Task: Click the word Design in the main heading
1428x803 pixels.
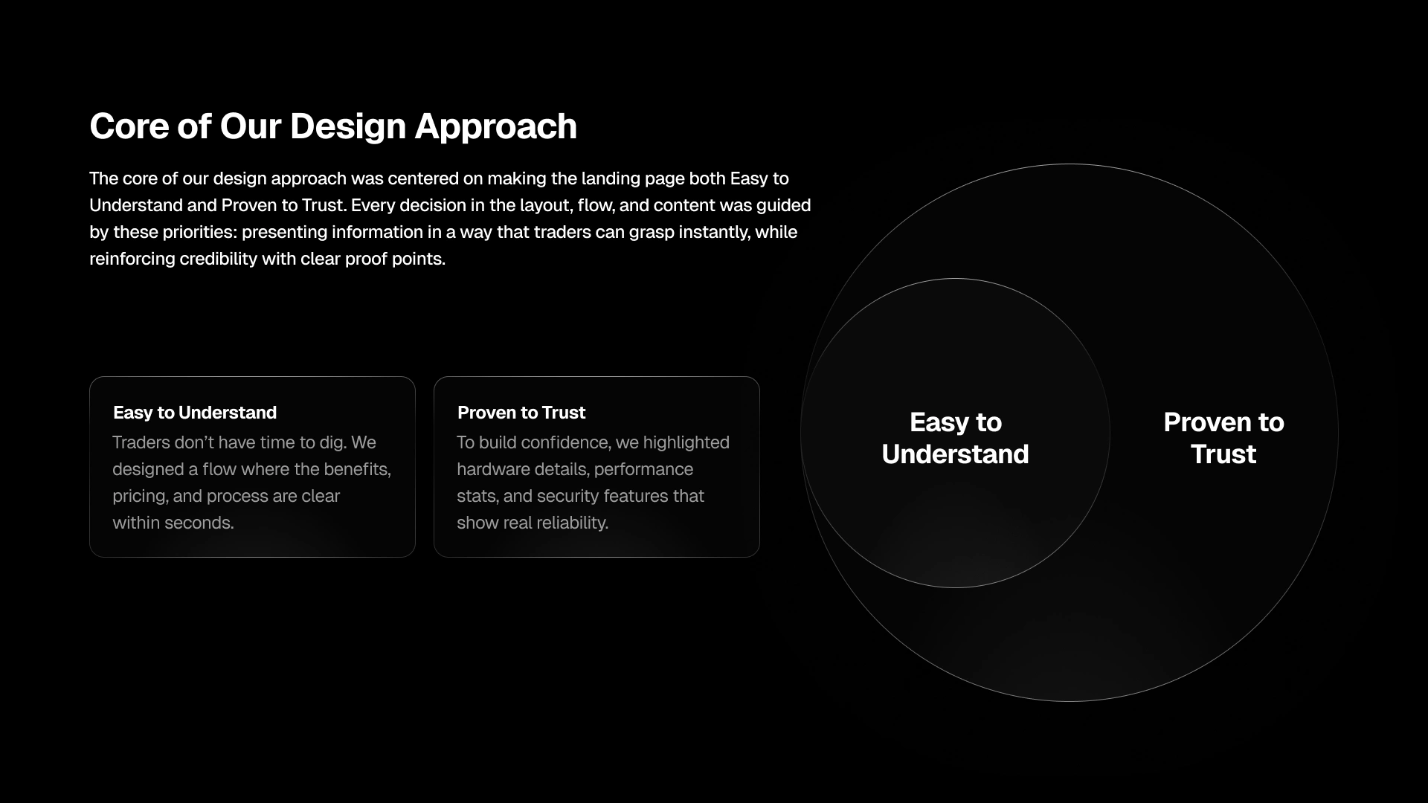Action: coord(347,127)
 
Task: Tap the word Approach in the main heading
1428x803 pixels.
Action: coord(496,127)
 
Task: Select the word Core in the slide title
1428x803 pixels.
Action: coord(129,126)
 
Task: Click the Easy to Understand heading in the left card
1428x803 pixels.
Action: coord(195,413)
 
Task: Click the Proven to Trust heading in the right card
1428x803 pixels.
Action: coord(521,413)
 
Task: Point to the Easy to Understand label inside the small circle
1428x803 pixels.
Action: coord(956,438)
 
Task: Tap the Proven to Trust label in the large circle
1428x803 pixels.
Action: coord(1223,438)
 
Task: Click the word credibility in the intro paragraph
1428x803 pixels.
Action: coord(217,259)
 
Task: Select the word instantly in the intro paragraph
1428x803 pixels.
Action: coord(714,232)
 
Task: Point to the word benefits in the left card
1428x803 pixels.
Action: coord(358,470)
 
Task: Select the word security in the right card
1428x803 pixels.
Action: coord(565,497)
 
